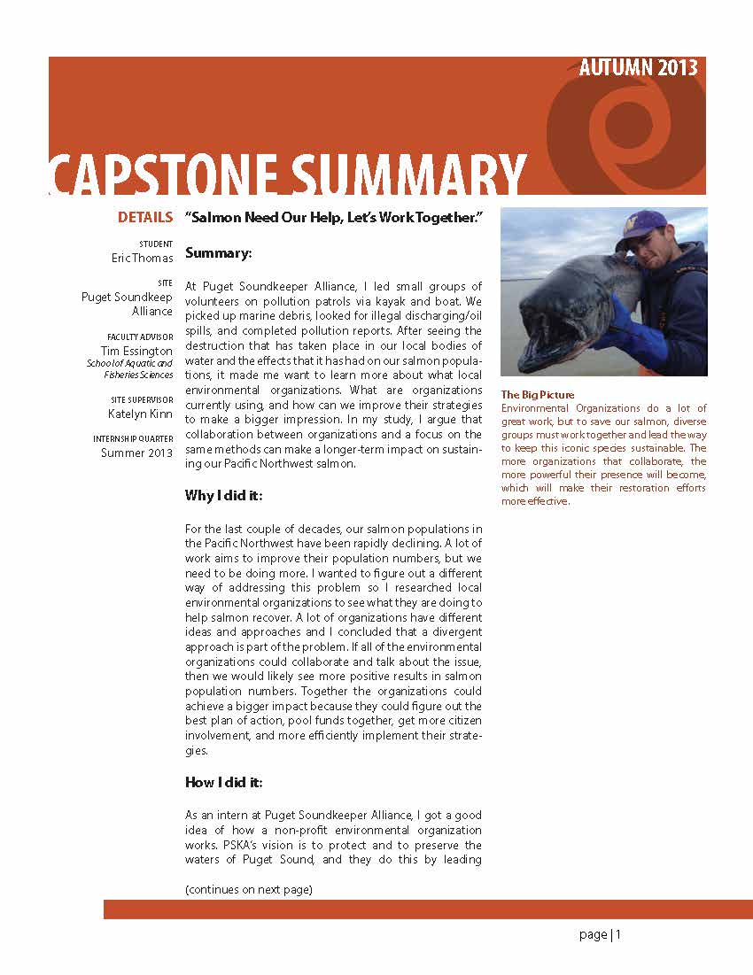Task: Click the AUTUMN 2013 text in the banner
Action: (x=638, y=68)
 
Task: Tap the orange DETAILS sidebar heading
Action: (x=144, y=217)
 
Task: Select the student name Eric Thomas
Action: (x=144, y=258)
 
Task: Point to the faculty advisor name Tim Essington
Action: (x=136, y=351)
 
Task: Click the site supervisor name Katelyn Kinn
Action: (x=140, y=414)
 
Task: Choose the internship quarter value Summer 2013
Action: (x=136, y=453)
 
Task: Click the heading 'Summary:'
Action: (x=219, y=253)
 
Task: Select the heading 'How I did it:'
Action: (x=223, y=782)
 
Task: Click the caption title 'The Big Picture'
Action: (x=538, y=395)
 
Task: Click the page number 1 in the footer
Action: (x=618, y=934)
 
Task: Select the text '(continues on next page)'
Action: (x=248, y=889)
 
